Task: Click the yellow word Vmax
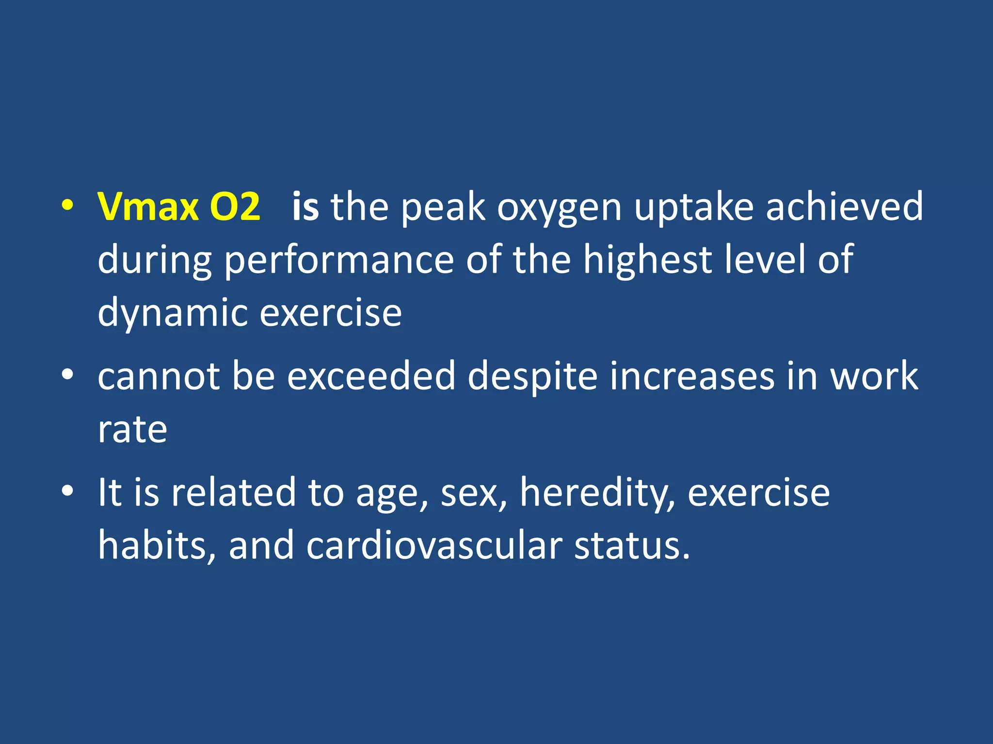[x=148, y=207]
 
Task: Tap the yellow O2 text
[x=235, y=207]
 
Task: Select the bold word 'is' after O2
[x=305, y=207]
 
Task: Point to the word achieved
[x=844, y=207]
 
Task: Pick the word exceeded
[x=371, y=376]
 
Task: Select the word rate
[x=132, y=430]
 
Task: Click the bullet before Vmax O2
[x=67, y=206]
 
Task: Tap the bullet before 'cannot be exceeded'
[x=67, y=374]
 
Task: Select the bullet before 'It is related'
[x=67, y=491]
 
